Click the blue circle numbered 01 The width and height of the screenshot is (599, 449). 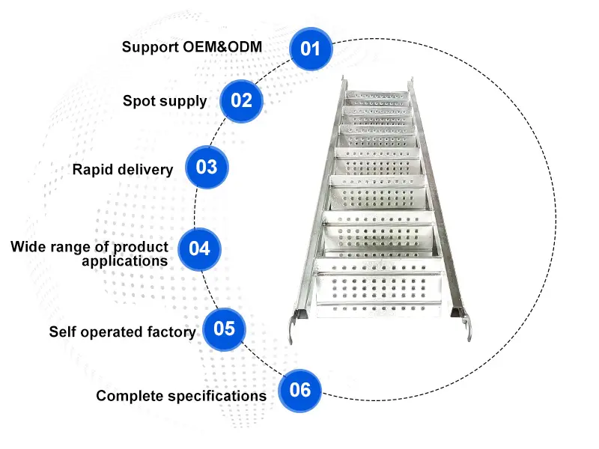click(310, 49)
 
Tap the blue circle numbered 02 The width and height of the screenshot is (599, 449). click(241, 100)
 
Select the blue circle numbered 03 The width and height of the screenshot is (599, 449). click(206, 167)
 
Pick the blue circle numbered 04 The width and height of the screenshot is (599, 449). click(199, 248)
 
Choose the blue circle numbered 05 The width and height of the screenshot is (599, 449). click(224, 329)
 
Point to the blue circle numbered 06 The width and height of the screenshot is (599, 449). click(299, 390)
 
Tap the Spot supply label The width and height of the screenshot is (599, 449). click(165, 100)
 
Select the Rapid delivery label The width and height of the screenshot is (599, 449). click(122, 169)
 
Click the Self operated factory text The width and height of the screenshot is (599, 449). click(122, 332)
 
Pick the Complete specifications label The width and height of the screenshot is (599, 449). click(180, 396)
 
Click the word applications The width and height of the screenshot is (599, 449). click(124, 261)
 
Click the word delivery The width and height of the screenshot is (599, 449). click(147, 169)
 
